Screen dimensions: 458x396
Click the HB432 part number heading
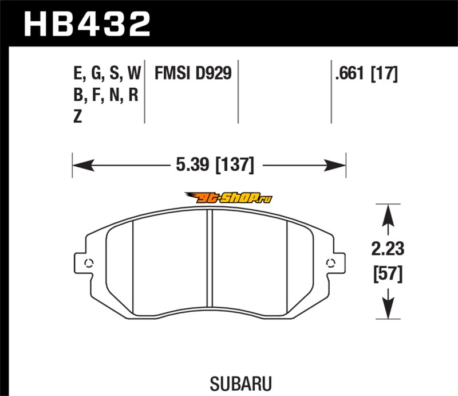click(x=87, y=24)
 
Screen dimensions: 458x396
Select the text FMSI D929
click(x=193, y=73)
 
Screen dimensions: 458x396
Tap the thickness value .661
click(x=350, y=73)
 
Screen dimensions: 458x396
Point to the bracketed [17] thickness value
click(x=384, y=73)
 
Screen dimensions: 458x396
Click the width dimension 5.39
click(x=192, y=164)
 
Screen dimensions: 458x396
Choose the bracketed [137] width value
click(x=235, y=165)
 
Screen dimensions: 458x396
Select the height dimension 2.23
click(x=388, y=249)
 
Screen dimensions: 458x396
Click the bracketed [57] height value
click(x=388, y=274)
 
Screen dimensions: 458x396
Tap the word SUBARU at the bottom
click(x=240, y=383)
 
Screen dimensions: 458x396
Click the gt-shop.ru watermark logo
click(x=228, y=198)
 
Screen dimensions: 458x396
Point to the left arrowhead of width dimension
click(x=84, y=165)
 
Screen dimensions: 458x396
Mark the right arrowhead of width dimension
click(x=335, y=165)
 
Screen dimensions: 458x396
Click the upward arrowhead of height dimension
click(x=388, y=215)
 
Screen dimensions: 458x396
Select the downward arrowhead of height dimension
click(x=388, y=308)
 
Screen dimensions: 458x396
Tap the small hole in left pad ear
click(x=89, y=263)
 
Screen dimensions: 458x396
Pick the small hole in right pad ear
click(x=330, y=263)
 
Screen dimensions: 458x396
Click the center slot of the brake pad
click(x=210, y=258)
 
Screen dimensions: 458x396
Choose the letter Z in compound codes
click(x=77, y=116)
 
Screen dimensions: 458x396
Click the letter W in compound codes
click(x=134, y=73)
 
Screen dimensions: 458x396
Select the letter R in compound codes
click(x=133, y=95)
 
